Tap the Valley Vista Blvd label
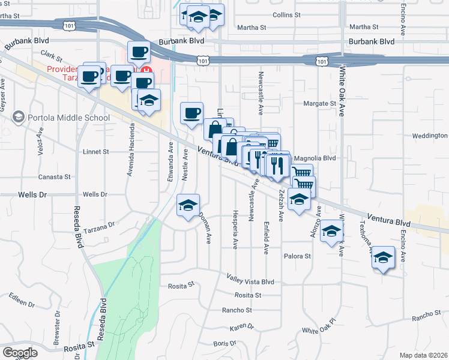(250, 280)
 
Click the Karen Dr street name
(242, 328)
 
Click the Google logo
(20, 353)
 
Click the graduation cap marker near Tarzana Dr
(188, 205)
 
